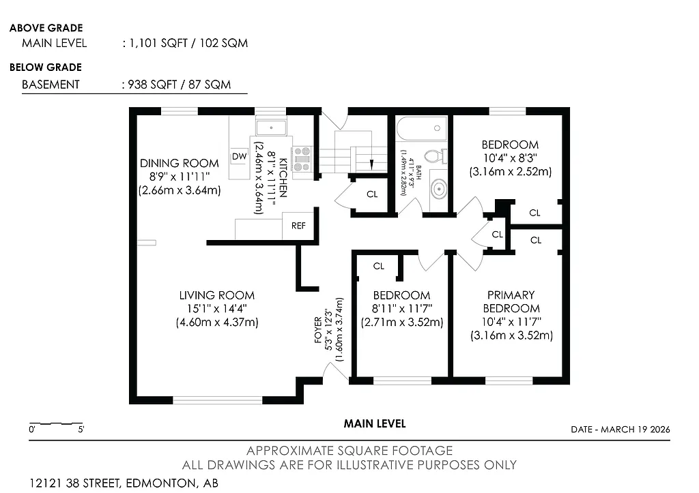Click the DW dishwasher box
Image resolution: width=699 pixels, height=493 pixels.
239,156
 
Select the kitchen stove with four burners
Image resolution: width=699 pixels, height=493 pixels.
301,158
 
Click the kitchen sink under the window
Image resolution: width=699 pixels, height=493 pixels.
271,127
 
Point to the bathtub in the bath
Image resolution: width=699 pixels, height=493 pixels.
421,128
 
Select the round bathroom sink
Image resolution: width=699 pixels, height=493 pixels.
438,189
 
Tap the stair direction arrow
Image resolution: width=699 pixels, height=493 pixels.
371,163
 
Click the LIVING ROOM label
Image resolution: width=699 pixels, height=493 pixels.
217,295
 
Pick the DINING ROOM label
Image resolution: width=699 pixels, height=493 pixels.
180,164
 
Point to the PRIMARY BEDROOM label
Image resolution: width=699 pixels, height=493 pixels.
511,301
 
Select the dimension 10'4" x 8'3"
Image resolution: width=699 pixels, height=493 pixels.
510,158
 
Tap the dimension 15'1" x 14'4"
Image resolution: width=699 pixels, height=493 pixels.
217,308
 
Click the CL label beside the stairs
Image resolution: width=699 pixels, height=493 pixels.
372,194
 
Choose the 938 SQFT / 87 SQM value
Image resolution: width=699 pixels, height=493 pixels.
175,85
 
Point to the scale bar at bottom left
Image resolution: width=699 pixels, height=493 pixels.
56,423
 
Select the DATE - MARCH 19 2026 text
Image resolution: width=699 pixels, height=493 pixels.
620,430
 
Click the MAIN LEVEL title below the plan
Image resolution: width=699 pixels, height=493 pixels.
375,423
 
